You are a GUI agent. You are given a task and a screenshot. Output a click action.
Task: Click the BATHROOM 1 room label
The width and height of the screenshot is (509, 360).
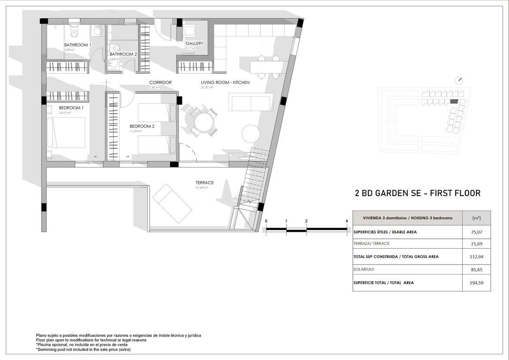(x=77, y=45)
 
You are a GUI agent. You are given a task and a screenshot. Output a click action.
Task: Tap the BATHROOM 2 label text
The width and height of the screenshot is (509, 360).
(x=123, y=54)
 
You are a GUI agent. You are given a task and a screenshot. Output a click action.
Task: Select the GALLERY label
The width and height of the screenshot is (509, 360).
(x=194, y=44)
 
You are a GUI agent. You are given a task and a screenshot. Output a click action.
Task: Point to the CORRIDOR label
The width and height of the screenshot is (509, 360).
(x=160, y=83)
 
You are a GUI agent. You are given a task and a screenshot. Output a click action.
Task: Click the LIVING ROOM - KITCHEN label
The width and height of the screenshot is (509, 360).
(x=225, y=83)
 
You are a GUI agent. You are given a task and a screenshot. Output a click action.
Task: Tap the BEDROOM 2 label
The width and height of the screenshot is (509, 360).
(x=142, y=126)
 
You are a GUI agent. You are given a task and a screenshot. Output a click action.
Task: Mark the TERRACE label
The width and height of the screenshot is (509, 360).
(x=205, y=183)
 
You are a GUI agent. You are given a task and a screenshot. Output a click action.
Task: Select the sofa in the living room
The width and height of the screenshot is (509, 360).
(x=251, y=102)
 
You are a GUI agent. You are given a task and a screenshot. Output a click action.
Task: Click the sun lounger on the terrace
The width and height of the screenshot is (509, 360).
(x=172, y=203)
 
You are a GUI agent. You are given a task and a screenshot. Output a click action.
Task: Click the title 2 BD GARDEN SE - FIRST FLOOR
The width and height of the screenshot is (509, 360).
(x=418, y=193)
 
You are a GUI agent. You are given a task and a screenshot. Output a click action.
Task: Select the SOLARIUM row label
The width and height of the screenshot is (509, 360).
(x=364, y=269)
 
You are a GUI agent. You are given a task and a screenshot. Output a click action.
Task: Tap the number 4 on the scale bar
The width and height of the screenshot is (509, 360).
(x=346, y=221)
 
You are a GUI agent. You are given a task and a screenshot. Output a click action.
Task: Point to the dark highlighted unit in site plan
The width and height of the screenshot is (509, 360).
(x=453, y=101)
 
